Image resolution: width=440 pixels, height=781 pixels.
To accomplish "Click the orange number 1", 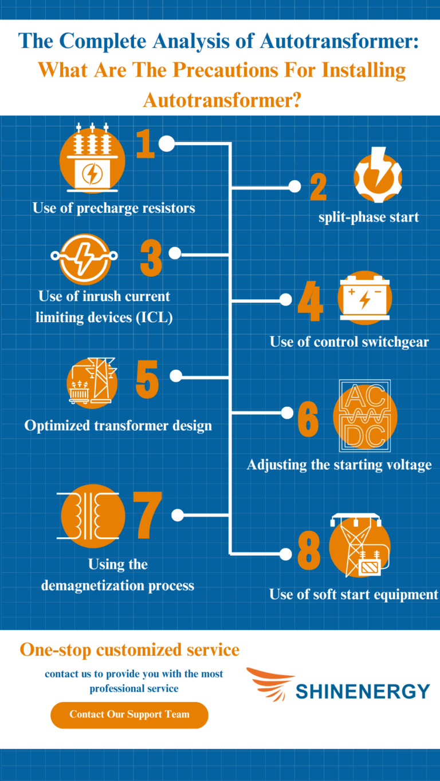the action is [146, 144].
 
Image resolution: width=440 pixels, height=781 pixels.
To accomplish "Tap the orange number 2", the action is [319, 187].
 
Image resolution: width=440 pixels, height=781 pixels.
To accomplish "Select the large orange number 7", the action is [147, 515].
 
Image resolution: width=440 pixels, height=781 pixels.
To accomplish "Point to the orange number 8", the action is [309, 550].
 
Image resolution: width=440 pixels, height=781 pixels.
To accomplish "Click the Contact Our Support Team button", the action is [129, 715].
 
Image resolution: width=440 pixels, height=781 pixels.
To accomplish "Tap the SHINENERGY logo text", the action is [363, 691].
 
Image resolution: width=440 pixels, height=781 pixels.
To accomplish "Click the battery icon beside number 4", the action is [364, 298].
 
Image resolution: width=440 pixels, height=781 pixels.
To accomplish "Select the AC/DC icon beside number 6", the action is [365, 416].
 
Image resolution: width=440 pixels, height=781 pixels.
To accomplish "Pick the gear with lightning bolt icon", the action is [378, 175].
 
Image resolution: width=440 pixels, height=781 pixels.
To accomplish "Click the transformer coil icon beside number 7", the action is [91, 516].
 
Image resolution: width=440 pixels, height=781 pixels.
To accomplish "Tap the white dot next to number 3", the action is [175, 253].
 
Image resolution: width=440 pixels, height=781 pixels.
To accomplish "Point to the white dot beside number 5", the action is [176, 376].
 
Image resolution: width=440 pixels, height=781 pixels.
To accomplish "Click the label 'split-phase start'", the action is [368, 217].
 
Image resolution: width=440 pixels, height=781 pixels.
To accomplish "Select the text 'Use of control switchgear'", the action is [349, 342].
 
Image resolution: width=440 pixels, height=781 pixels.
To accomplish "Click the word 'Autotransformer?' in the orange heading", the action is [222, 100].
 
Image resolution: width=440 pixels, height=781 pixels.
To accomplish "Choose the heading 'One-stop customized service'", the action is [129, 650].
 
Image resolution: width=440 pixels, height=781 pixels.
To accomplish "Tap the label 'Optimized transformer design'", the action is [118, 426].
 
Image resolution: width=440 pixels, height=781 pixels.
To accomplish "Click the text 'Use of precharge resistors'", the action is [114, 208].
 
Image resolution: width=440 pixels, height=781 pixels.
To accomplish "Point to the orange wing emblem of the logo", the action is [270, 683].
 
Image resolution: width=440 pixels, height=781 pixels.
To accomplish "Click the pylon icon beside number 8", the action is [360, 546].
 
